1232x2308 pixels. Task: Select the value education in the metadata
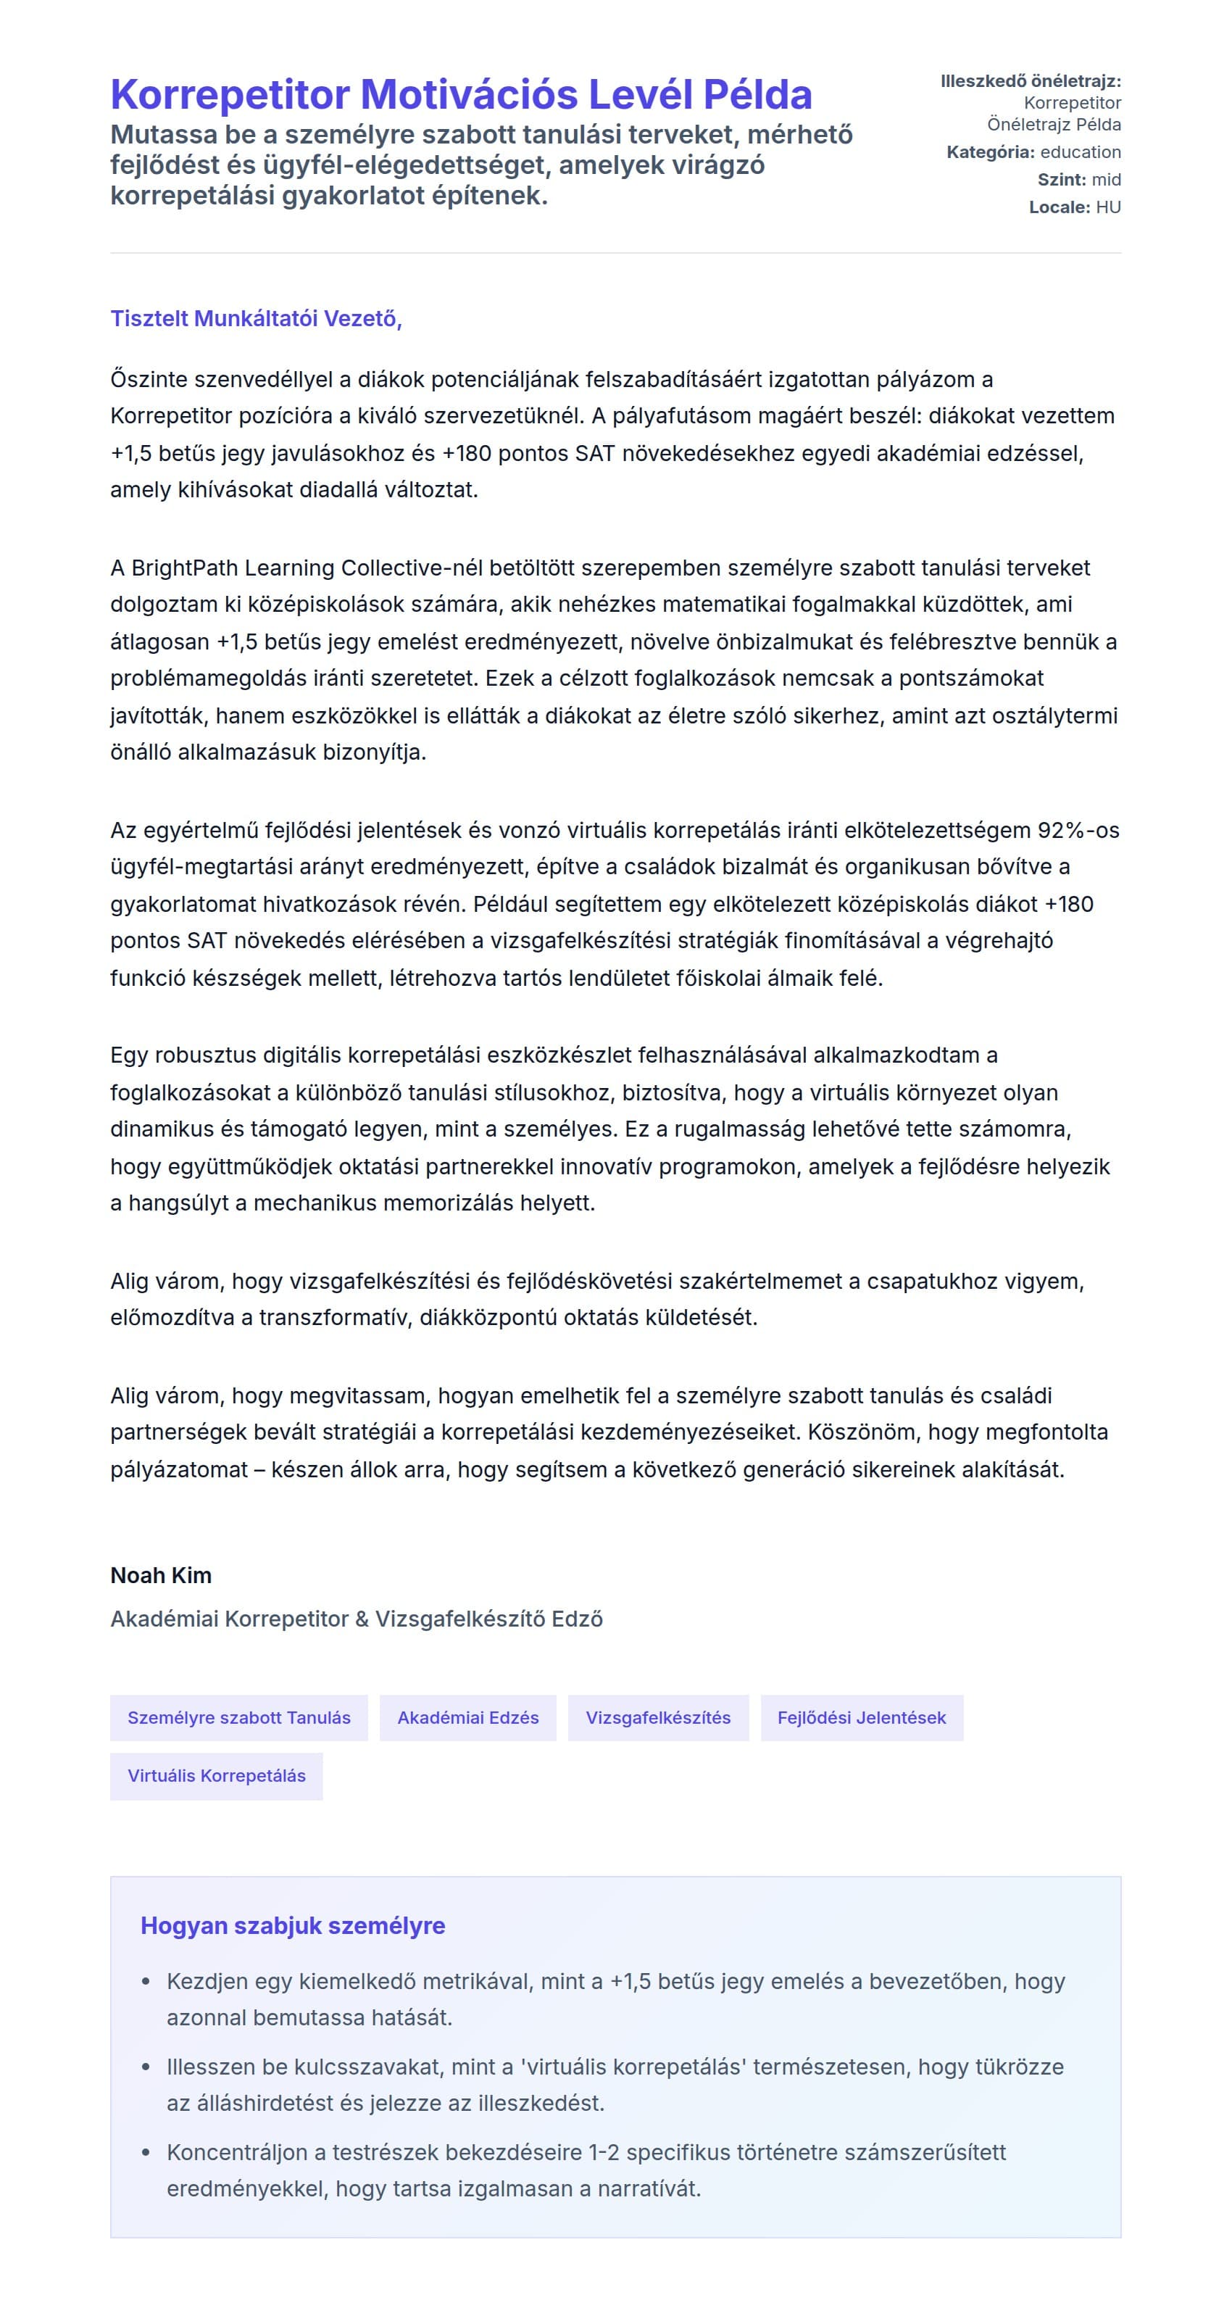pyautogui.click(x=1080, y=152)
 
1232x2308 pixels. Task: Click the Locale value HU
pyautogui.click(x=1107, y=207)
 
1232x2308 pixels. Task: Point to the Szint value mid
pyautogui.click(x=1106, y=179)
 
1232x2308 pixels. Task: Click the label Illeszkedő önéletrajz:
pyautogui.click(x=1031, y=81)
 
